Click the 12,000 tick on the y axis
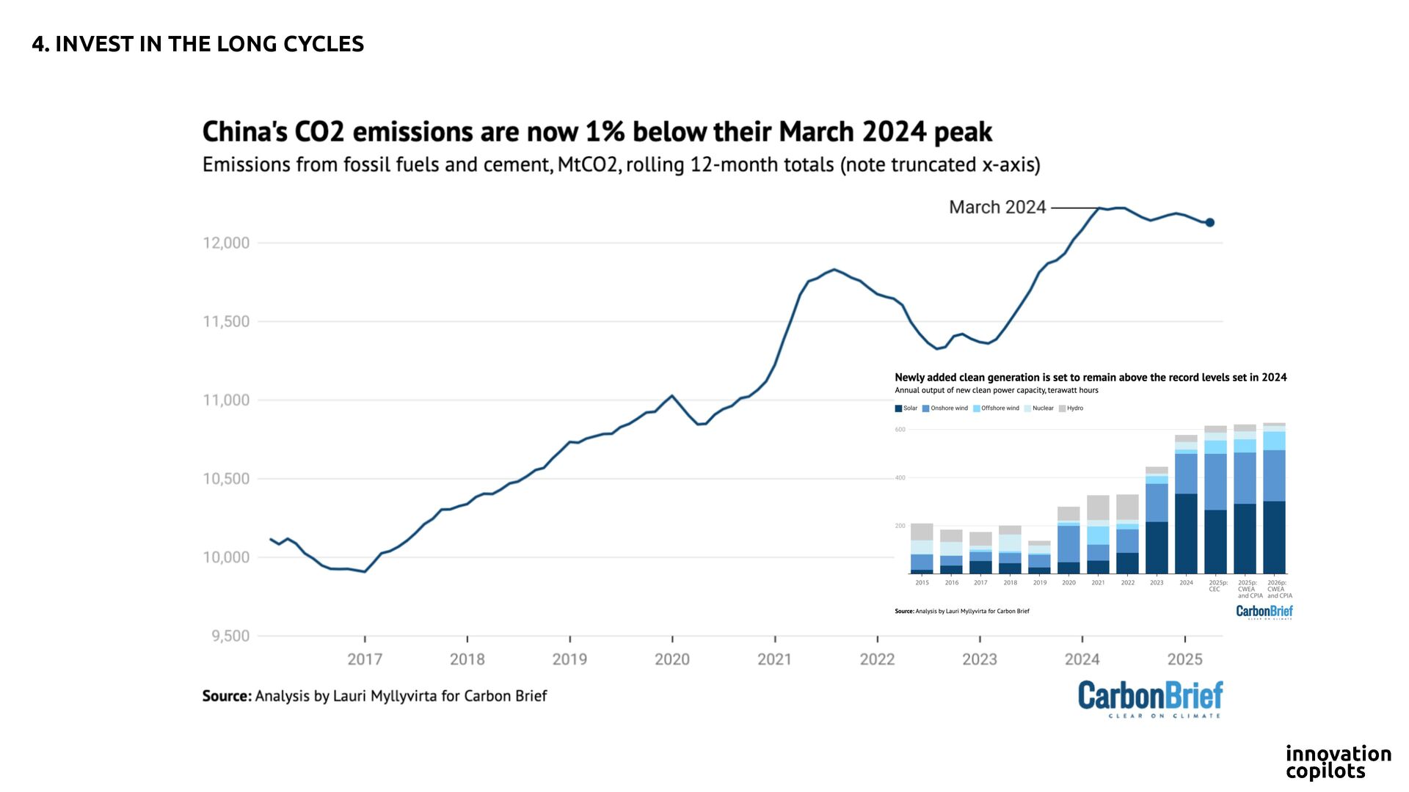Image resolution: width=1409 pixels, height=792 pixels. [226, 243]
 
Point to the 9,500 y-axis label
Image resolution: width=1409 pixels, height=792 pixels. [230, 636]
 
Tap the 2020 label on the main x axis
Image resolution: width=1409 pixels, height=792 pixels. [672, 659]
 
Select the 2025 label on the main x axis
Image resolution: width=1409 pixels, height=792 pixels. [1184, 659]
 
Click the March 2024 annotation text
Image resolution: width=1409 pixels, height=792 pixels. [997, 208]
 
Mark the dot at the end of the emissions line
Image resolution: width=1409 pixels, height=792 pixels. [1210, 222]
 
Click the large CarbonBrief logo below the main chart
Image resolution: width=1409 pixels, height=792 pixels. [1150, 698]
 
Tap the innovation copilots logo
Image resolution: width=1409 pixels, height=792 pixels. [1338, 762]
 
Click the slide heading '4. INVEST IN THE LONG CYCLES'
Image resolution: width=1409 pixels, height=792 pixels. [198, 44]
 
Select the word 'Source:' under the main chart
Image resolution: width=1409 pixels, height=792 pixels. [227, 696]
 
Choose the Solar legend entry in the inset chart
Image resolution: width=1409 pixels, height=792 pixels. [906, 408]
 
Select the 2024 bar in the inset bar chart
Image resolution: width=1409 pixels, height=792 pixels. [1186, 506]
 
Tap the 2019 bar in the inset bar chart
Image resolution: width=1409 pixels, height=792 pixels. [1039, 557]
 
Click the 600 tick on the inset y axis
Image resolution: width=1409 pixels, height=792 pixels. [900, 430]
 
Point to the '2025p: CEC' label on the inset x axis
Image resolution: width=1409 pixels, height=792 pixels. [1215, 585]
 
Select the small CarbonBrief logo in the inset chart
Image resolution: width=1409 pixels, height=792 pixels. [1264, 612]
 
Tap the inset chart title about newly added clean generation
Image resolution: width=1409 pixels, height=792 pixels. [1091, 378]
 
